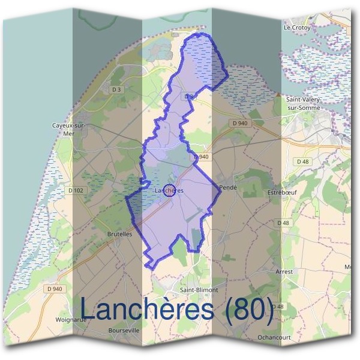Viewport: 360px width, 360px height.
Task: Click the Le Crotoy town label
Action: pyautogui.click(x=297, y=28)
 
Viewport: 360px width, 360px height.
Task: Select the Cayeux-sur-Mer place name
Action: pyautogui.click(x=70, y=129)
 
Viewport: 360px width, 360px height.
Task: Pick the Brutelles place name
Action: pyautogui.click(x=119, y=234)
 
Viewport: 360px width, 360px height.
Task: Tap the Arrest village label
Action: pyautogui.click(x=284, y=272)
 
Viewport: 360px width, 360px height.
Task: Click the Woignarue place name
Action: pyautogui.click(x=70, y=319)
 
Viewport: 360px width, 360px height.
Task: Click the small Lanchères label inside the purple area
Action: pyautogui.click(x=169, y=190)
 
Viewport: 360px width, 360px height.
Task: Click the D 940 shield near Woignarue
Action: pyautogui.click(x=54, y=289)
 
